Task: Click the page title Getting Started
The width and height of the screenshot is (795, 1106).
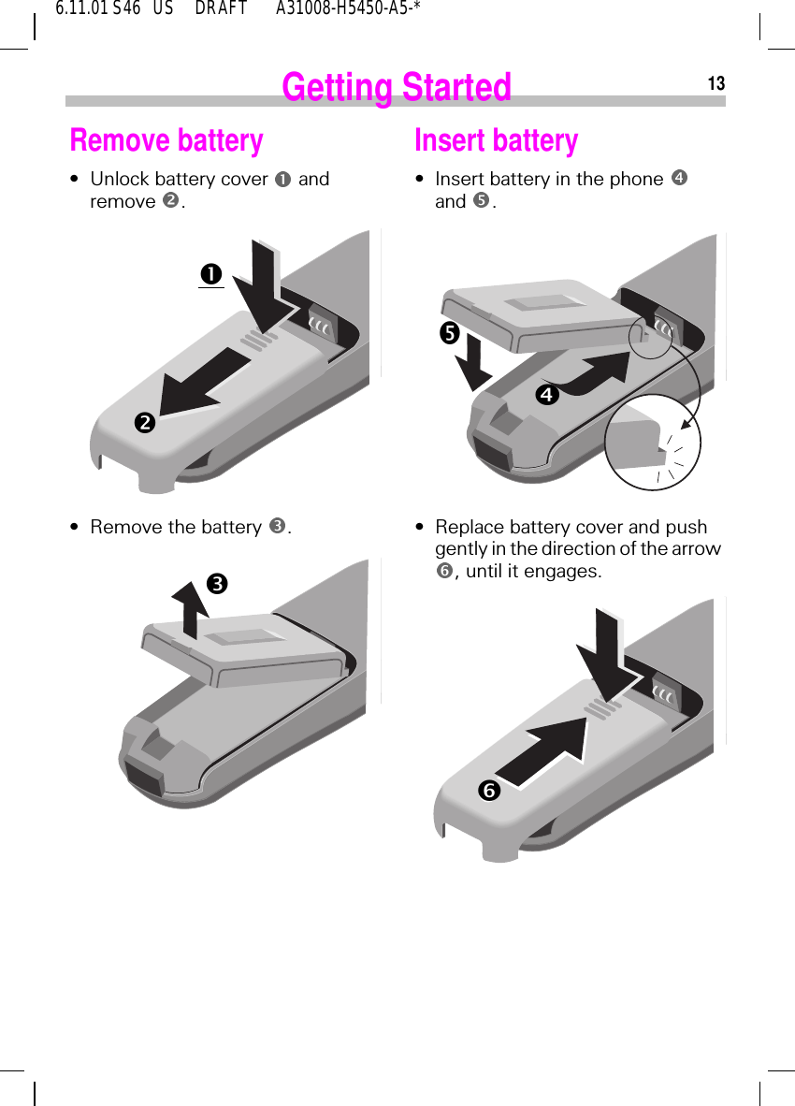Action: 397,87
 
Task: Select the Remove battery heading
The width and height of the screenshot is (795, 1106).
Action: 166,140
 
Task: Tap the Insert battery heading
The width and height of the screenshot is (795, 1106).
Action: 496,140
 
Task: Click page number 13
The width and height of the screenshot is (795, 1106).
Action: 715,84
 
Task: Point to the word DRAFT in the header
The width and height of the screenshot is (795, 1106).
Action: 221,9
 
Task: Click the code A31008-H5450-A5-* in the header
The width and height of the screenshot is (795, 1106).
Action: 347,9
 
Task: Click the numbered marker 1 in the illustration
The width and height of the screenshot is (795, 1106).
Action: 210,274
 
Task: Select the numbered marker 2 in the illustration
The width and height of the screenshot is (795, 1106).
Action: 145,423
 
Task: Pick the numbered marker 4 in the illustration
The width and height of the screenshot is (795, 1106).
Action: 547,395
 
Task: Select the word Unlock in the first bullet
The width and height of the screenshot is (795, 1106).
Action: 119,179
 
